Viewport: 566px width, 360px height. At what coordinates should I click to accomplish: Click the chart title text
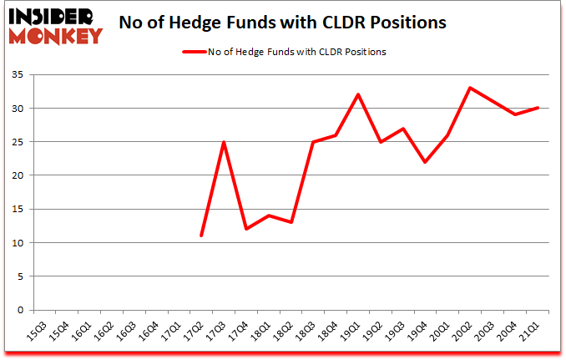284,23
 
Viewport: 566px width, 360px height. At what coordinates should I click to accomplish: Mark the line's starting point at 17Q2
200,236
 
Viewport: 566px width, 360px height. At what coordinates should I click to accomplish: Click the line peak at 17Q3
223,142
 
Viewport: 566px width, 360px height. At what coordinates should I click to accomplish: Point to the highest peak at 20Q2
470,88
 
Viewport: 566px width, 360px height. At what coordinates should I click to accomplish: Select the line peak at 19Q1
358,94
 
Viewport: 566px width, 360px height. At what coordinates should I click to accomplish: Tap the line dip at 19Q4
426,162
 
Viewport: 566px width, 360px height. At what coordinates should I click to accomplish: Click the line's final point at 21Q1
538,108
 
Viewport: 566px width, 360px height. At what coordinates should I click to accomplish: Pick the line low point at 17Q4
245,229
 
